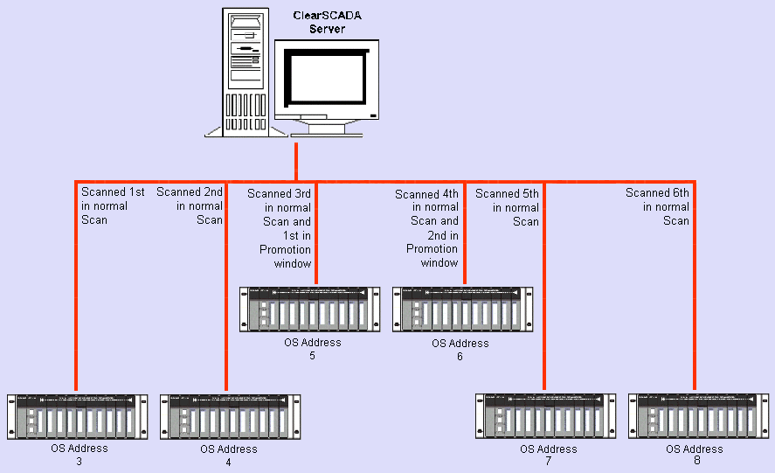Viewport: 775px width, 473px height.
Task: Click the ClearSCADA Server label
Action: pyautogui.click(x=327, y=22)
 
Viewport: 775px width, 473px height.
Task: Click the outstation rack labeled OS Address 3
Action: pyautogui.click(x=77, y=416)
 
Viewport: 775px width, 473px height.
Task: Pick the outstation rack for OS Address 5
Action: pyautogui.click(x=310, y=310)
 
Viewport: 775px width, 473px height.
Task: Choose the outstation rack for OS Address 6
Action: pyautogui.click(x=462, y=310)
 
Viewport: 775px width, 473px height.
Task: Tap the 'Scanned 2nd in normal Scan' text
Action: pyautogui.click(x=192, y=206)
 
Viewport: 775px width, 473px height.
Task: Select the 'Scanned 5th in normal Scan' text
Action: pyautogui.click(x=509, y=208)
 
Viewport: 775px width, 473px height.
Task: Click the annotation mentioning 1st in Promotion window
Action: pyautogui.click(x=280, y=228)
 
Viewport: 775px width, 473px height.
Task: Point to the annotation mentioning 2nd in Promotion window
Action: pyautogui.click(x=428, y=229)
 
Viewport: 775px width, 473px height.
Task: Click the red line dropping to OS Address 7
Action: pyautogui.click(x=543, y=289)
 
